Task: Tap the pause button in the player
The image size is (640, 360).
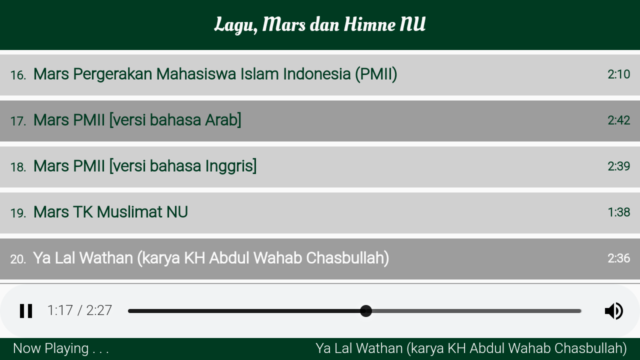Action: tap(26, 311)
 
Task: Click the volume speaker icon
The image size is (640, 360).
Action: tap(613, 311)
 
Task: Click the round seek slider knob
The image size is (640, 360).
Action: tap(365, 311)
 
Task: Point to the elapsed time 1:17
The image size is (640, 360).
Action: tap(60, 310)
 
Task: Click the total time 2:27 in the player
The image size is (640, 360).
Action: tap(99, 310)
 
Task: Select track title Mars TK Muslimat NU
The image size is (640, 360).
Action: tap(110, 212)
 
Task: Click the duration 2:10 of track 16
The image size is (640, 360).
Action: tap(618, 74)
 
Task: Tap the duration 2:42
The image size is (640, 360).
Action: tap(618, 120)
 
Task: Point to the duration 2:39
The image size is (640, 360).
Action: tap(618, 166)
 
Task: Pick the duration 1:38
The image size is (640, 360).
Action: tap(618, 212)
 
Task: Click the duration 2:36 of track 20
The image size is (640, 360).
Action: tap(618, 258)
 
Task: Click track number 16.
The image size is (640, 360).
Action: tap(18, 75)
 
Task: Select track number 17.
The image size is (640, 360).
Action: tap(18, 121)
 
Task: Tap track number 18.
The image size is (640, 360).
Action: tap(18, 167)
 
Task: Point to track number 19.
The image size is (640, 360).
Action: tap(18, 213)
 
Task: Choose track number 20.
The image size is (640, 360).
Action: tap(18, 259)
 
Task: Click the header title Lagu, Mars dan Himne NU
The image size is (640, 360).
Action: tap(320, 25)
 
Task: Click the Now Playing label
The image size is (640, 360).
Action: tap(61, 349)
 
